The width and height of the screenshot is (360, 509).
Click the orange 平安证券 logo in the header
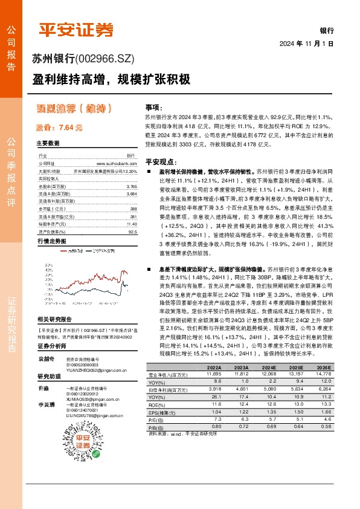click(76, 29)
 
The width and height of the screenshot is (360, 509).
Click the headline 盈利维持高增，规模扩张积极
click(112, 79)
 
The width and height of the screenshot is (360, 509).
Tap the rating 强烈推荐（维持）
click(74, 109)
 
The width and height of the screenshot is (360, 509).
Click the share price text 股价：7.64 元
click(59, 128)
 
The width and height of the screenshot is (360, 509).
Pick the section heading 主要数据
click(48, 144)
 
